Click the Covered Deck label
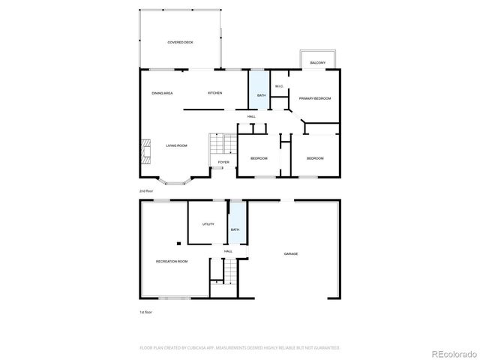click(x=181, y=43)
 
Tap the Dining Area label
click(x=162, y=93)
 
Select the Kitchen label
click(x=214, y=93)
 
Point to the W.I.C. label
click(x=278, y=86)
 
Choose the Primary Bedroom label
click(x=314, y=98)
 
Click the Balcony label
click(x=317, y=63)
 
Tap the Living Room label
click(x=176, y=145)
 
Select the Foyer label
click(x=223, y=162)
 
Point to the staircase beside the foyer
click(x=216, y=143)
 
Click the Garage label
click(x=291, y=253)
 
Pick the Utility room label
click(x=208, y=224)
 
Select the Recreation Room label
click(x=172, y=261)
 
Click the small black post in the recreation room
click(x=178, y=243)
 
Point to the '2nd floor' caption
click(x=145, y=191)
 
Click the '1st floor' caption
click(x=145, y=310)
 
